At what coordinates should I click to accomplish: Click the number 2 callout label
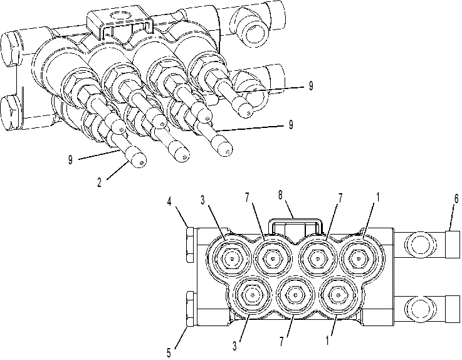coord(99,183)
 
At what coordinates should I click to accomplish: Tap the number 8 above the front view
coord(280,195)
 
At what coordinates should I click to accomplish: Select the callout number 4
coord(169,202)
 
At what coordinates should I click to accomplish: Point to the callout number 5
coord(169,352)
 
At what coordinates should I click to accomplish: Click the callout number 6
coord(456,199)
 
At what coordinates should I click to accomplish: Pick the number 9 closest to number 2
coord(70,159)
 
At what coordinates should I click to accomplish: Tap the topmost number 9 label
coord(311,86)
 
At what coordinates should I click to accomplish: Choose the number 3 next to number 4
coord(202,200)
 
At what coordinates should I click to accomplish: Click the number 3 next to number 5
coord(234,346)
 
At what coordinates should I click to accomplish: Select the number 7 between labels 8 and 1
coord(340,198)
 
